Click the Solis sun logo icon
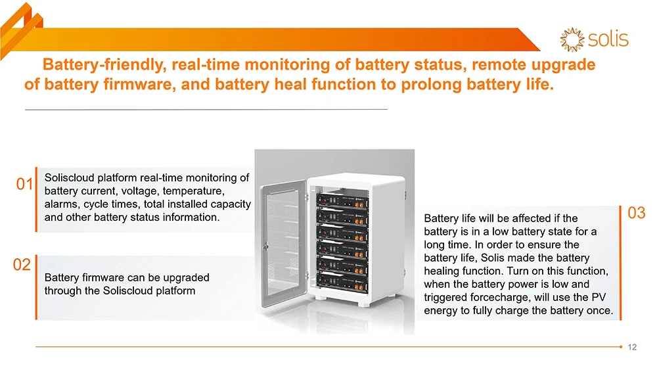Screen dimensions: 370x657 [x=572, y=39]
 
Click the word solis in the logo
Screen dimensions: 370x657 [x=608, y=39]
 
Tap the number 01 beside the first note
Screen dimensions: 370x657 [x=25, y=185]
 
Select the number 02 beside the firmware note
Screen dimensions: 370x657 [x=22, y=265]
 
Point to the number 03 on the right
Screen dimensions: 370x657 [x=637, y=213]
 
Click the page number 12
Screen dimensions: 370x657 [x=633, y=347]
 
